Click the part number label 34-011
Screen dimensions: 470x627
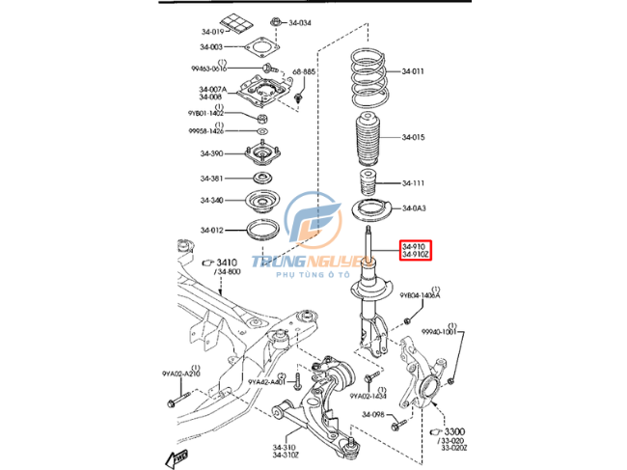[414, 71]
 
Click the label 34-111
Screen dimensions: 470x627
[414, 181]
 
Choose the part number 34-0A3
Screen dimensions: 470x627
[414, 208]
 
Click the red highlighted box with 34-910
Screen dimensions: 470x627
[415, 253]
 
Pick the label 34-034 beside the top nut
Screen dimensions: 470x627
[299, 21]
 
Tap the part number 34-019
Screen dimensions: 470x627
[212, 30]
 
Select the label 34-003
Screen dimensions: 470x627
[212, 46]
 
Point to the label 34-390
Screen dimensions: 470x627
[212, 153]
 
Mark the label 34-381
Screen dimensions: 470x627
[212, 178]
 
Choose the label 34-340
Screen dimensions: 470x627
[212, 201]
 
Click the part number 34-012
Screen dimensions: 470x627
[212, 230]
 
